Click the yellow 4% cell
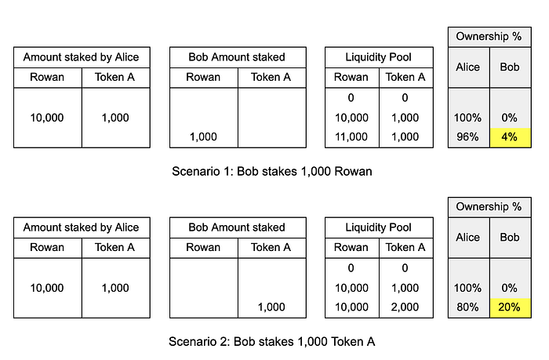(510, 137)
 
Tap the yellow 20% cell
(510, 307)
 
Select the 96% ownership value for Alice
(467, 136)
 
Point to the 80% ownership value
(467, 307)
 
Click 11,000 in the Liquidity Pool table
(351, 136)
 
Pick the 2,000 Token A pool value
(405, 307)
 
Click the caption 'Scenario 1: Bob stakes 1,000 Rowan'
(272, 171)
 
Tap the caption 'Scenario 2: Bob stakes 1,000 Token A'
(271, 341)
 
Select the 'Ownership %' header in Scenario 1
(489, 36)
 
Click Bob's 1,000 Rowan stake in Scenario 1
(203, 136)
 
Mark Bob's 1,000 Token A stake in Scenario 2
(271, 307)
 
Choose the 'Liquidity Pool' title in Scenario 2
(379, 227)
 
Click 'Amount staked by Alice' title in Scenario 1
(82, 57)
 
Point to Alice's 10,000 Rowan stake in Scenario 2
(47, 288)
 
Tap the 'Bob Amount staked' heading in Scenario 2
(237, 227)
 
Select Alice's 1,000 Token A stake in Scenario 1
(115, 118)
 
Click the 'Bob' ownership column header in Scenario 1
(510, 67)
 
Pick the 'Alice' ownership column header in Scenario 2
(467, 237)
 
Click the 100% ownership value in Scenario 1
(467, 118)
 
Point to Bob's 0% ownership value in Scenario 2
(509, 288)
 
